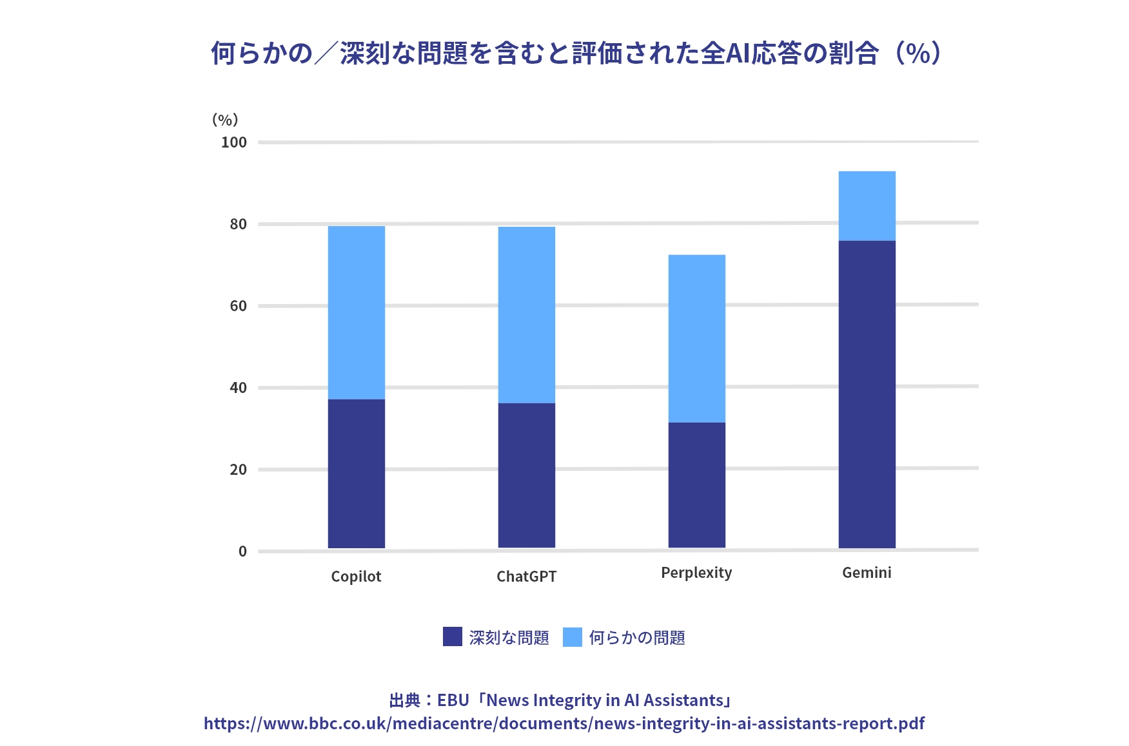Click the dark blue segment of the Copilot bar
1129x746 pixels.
[x=356, y=473]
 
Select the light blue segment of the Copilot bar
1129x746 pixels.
[x=356, y=312]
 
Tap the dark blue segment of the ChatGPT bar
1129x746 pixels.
[x=526, y=475]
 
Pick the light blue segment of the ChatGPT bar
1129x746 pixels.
[x=526, y=314]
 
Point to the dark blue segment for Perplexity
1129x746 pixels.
[x=696, y=485]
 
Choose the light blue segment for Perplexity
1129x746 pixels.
[x=696, y=338]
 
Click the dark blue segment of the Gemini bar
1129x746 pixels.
[x=867, y=394]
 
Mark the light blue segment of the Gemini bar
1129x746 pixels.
[x=867, y=206]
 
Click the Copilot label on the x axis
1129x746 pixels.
[x=356, y=577]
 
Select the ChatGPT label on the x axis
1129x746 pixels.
[x=526, y=577]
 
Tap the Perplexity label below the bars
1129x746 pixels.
[x=696, y=573]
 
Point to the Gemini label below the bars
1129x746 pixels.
[x=867, y=573]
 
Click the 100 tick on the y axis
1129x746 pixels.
[x=233, y=142]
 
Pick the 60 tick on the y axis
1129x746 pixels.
[x=238, y=306]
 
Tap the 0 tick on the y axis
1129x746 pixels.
[x=242, y=551]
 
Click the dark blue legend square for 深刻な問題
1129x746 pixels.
[x=453, y=637]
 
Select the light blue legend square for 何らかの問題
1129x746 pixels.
[x=573, y=637]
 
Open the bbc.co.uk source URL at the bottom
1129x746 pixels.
[x=564, y=723]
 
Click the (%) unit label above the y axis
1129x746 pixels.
[x=225, y=120]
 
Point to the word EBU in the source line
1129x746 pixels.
[x=453, y=700]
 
